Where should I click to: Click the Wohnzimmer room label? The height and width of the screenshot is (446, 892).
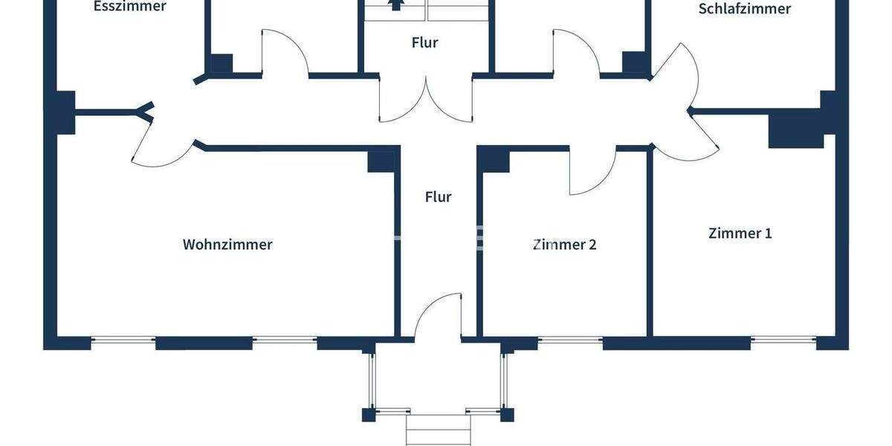click(x=227, y=244)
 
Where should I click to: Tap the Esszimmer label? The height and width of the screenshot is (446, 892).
click(x=130, y=7)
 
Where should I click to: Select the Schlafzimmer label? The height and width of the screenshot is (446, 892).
click(x=744, y=9)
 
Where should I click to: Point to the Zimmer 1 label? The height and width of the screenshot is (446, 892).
click(x=740, y=233)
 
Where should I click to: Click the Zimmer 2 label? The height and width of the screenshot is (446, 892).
click(x=565, y=244)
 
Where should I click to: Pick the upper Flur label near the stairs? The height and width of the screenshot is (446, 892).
click(x=424, y=42)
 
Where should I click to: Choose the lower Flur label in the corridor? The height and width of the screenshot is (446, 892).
click(x=438, y=197)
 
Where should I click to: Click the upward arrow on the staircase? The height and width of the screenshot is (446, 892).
click(x=396, y=4)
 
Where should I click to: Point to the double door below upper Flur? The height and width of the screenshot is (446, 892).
click(x=425, y=100)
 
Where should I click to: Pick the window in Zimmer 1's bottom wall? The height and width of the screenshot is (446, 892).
click(x=783, y=341)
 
